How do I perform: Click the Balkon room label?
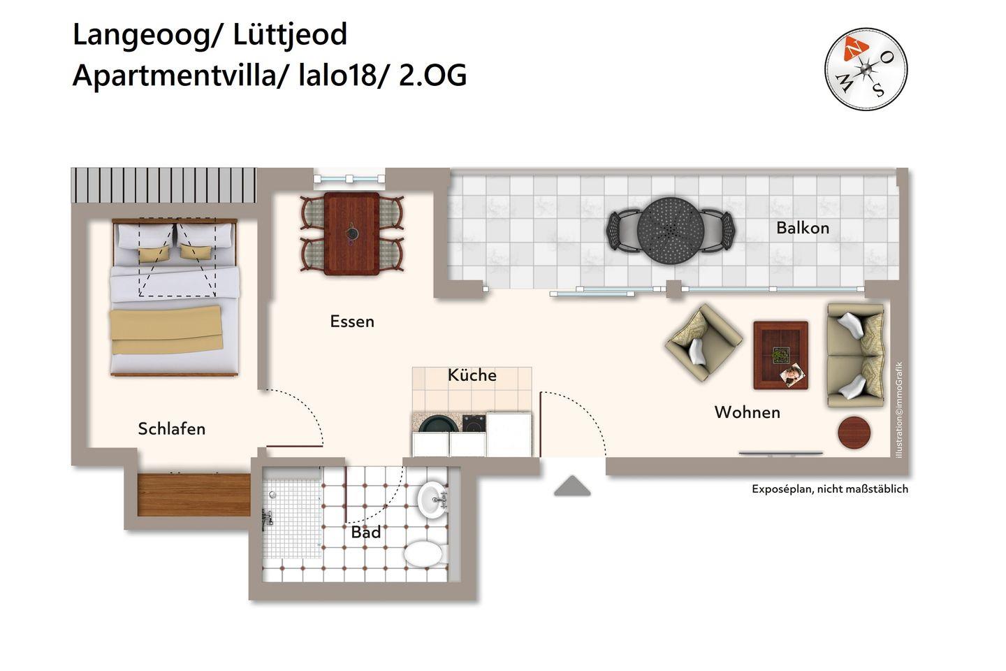pos(803,228)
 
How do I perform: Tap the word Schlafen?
pos(172,428)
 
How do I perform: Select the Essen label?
pos(352,322)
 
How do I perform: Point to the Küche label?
pos(472,375)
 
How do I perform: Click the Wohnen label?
pos(748,412)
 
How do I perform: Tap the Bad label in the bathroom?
pos(366,532)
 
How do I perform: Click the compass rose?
pos(866,69)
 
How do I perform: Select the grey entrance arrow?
pos(572,486)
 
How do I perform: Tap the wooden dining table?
pos(351,233)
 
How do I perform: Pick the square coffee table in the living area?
pos(781,355)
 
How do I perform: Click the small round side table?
pos(854,433)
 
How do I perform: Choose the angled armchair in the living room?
pos(704,343)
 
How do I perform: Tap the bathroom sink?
pos(432,500)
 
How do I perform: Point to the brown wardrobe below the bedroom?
pos(194,495)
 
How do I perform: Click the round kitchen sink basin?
pos(438,425)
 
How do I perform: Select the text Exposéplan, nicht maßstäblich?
pos(830,489)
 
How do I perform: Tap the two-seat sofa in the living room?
pos(856,356)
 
